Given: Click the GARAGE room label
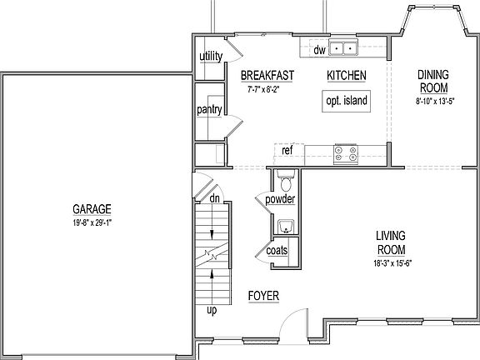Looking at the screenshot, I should pyautogui.click(x=92, y=209).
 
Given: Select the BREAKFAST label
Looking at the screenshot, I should pyautogui.click(x=267, y=75).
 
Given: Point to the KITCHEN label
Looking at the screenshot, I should pyautogui.click(x=347, y=75).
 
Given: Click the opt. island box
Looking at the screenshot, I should pyautogui.click(x=346, y=102).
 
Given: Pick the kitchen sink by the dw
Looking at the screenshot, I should pyautogui.click(x=342, y=48).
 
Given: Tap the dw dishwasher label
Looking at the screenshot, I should pyautogui.click(x=318, y=50).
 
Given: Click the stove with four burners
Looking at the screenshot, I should pyautogui.click(x=346, y=152).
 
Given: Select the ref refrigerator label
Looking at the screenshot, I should pyautogui.click(x=287, y=151).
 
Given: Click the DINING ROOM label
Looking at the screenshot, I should pyautogui.click(x=432, y=81).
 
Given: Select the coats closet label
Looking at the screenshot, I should pyautogui.click(x=277, y=251).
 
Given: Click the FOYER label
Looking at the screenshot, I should pyautogui.click(x=263, y=296).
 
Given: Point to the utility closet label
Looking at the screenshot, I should pyautogui.click(x=210, y=57).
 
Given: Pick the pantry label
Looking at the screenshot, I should pyautogui.click(x=208, y=110).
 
